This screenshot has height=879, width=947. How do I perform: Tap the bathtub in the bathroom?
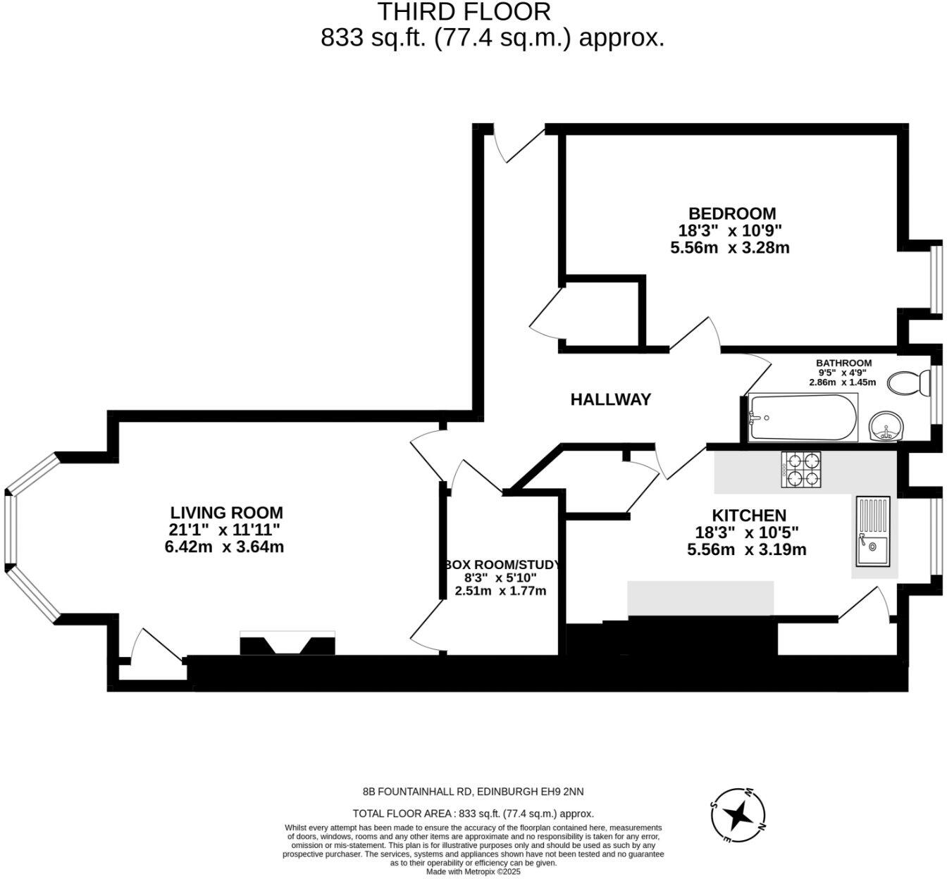[803, 418]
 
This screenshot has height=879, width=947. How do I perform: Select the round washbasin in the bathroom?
[884, 427]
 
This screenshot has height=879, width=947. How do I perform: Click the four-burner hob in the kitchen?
[802, 470]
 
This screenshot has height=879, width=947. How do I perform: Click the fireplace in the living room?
[287, 644]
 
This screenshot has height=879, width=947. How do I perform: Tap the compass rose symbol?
[738, 816]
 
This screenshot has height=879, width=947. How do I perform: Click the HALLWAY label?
[610, 399]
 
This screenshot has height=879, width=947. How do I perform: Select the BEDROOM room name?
[732, 213]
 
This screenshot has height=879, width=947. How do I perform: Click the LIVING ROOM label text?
[226, 513]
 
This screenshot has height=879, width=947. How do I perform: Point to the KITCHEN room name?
[748, 515]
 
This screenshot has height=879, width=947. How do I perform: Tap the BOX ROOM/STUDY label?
[502, 565]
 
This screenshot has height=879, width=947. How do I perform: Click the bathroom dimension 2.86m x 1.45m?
[842, 382]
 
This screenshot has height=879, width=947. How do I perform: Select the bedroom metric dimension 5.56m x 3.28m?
[729, 248]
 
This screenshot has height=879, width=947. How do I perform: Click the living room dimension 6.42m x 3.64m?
[224, 547]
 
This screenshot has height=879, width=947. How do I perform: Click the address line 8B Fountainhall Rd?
[473, 792]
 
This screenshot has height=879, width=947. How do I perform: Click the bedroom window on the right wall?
[936, 278]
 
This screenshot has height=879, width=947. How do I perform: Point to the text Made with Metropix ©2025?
[473, 871]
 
